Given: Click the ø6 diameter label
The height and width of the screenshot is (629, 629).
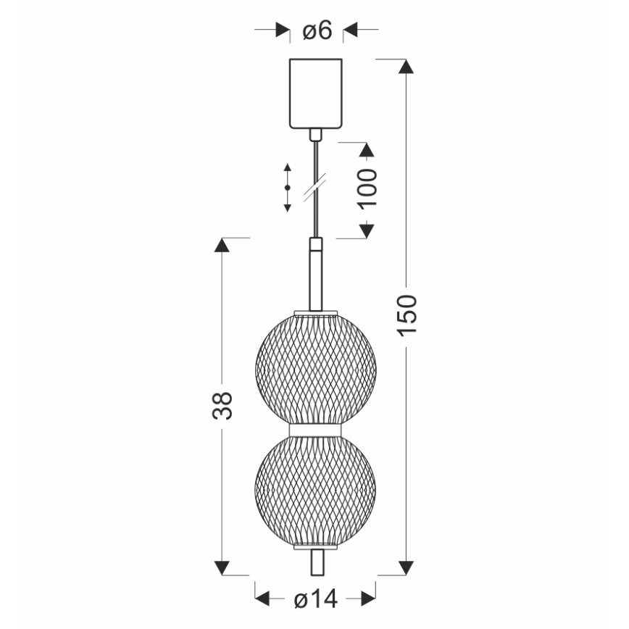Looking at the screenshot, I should [317, 30].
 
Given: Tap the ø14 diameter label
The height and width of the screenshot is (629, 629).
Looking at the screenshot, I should [316, 599].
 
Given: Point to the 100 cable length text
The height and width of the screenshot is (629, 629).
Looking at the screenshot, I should [368, 188].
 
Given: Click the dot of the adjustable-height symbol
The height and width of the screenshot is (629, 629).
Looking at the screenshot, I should [287, 188].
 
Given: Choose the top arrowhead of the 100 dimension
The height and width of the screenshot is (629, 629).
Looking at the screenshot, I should [367, 150].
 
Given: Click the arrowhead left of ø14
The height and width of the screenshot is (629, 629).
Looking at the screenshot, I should [262, 599].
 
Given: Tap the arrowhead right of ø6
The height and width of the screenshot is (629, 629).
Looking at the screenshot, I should [351, 30].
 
